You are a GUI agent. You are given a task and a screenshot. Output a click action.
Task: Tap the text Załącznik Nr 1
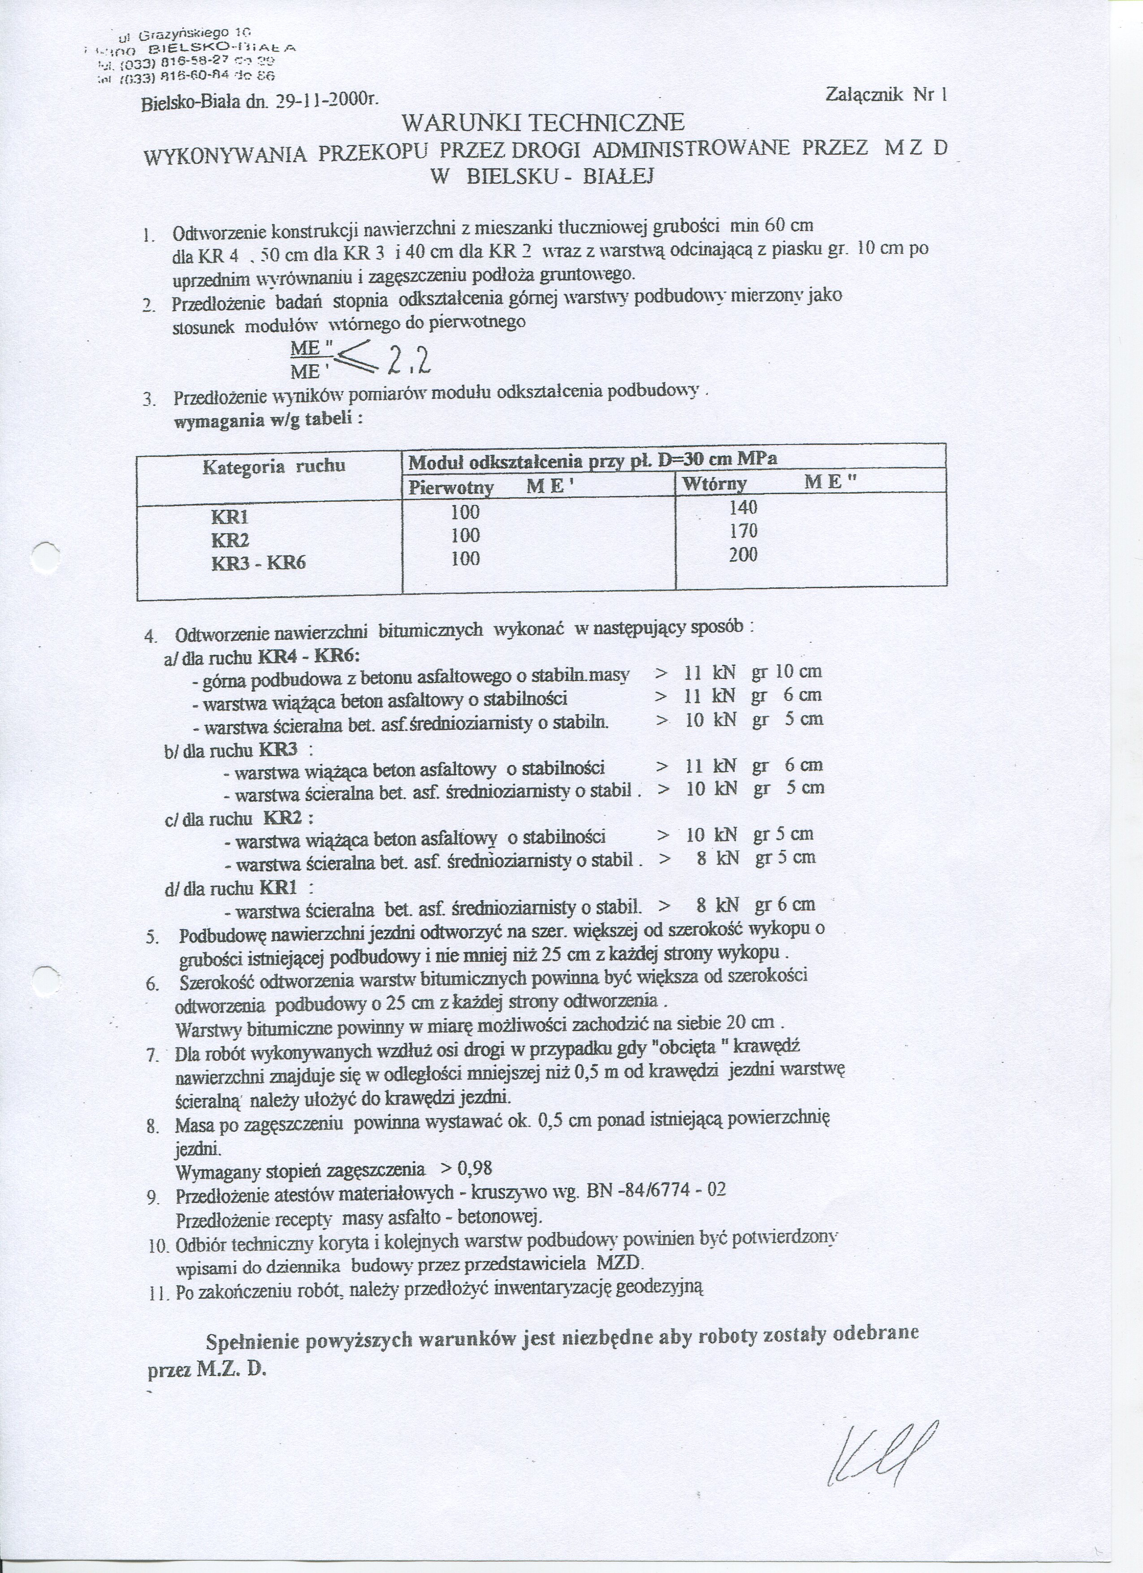click(886, 94)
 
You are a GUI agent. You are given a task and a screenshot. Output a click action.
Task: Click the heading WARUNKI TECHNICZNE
click(543, 123)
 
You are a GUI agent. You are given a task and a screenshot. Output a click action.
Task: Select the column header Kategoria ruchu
click(273, 466)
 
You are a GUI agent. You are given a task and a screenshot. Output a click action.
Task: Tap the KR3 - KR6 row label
click(258, 563)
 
